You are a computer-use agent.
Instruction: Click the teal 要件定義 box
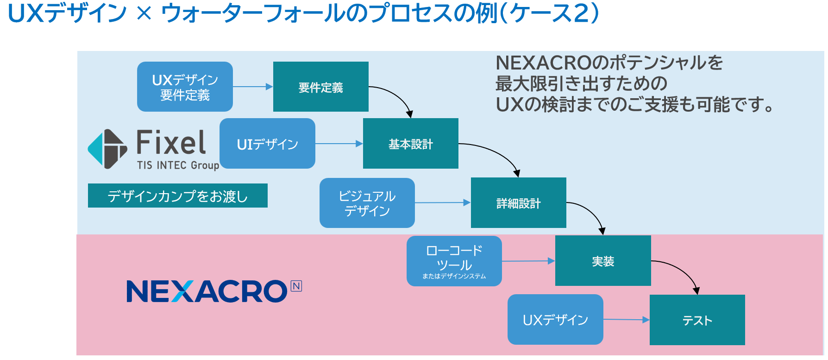(x=320, y=87)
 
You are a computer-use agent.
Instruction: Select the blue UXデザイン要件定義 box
(x=185, y=87)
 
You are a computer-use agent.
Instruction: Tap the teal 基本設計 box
(x=410, y=144)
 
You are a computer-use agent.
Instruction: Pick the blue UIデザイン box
(x=267, y=144)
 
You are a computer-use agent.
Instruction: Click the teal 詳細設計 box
(x=518, y=203)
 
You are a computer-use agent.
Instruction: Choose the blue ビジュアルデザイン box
(x=367, y=203)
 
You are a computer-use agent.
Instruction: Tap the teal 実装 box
(x=602, y=261)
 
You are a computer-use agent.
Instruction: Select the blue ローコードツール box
(x=454, y=261)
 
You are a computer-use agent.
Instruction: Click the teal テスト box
(x=697, y=320)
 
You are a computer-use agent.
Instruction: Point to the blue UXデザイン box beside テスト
(x=555, y=320)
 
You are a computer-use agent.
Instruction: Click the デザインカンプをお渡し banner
(x=177, y=196)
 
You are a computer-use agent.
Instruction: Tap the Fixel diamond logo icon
(x=107, y=149)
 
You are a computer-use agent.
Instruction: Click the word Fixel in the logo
(x=171, y=142)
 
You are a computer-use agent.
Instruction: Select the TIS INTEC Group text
(x=178, y=165)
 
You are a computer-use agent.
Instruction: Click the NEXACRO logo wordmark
(x=207, y=291)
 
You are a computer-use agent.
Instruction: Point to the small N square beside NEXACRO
(x=296, y=286)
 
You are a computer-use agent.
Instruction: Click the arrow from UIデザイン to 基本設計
(x=339, y=144)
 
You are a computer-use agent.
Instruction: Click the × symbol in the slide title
(x=144, y=13)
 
